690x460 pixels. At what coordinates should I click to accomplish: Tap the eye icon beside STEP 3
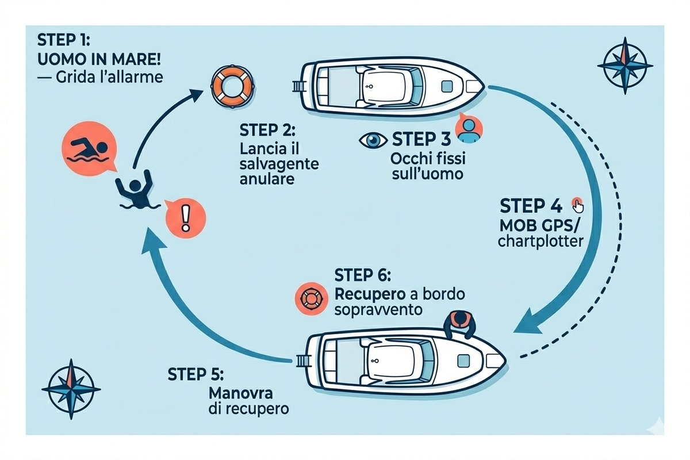pos(374,140)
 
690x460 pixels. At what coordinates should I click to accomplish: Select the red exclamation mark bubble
pos(184,217)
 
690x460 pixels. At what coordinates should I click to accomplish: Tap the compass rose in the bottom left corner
pos(71,389)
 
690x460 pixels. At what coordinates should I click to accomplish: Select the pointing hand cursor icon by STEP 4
pos(577,205)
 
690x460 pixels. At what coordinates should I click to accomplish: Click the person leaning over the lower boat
pos(461,324)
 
